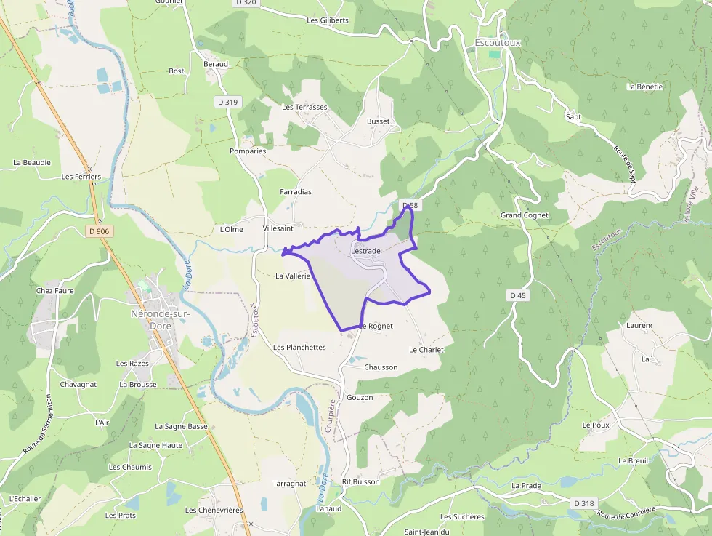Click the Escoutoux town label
498,42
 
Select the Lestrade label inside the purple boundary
365,251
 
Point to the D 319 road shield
227,103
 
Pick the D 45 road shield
518,295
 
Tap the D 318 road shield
583,503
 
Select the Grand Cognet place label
525,215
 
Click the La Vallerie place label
293,276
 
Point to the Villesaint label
278,228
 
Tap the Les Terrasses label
304,107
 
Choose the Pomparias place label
247,151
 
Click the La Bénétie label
644,87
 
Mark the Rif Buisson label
361,481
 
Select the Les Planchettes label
299,348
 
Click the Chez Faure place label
55,291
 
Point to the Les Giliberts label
328,20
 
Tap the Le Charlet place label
426,350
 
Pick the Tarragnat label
289,484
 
